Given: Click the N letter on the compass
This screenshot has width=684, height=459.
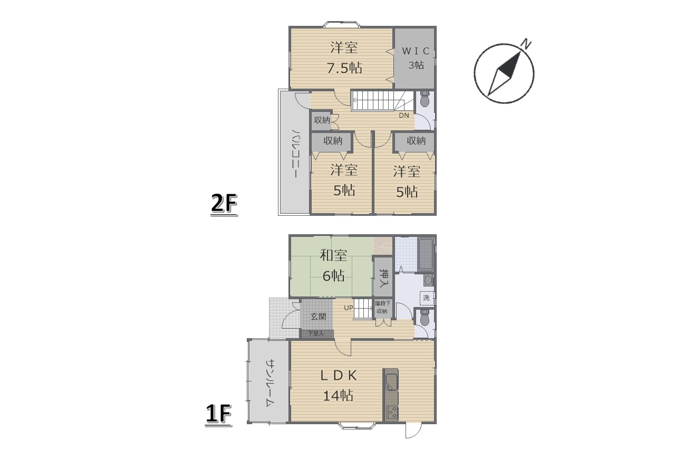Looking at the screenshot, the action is [x=526, y=44].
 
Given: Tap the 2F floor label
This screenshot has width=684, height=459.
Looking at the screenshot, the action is [x=224, y=204].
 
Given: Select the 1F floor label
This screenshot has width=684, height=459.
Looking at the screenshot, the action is [x=218, y=415].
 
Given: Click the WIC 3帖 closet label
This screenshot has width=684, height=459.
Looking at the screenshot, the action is [x=416, y=58].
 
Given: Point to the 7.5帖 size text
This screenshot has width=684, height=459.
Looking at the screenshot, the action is [x=344, y=68].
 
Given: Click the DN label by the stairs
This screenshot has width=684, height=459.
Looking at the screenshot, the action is [x=404, y=116].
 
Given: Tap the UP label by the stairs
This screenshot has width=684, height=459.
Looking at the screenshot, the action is [x=349, y=308].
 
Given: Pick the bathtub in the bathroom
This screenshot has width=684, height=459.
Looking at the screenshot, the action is [x=426, y=255].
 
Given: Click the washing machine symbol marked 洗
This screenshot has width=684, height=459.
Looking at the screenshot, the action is [x=427, y=298].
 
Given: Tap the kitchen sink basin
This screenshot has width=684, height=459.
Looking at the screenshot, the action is [x=391, y=383].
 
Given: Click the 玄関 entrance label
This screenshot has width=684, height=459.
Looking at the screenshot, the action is [x=319, y=317].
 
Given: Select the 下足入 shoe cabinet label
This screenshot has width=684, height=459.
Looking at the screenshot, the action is [x=316, y=333].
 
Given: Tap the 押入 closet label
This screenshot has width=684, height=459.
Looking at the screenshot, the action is [x=382, y=278].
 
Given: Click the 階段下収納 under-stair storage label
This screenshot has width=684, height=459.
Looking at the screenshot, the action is [x=383, y=308].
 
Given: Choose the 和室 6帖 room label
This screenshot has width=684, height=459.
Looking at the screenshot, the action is [x=334, y=266].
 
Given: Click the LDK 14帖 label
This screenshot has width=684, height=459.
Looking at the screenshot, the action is [x=339, y=386].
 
